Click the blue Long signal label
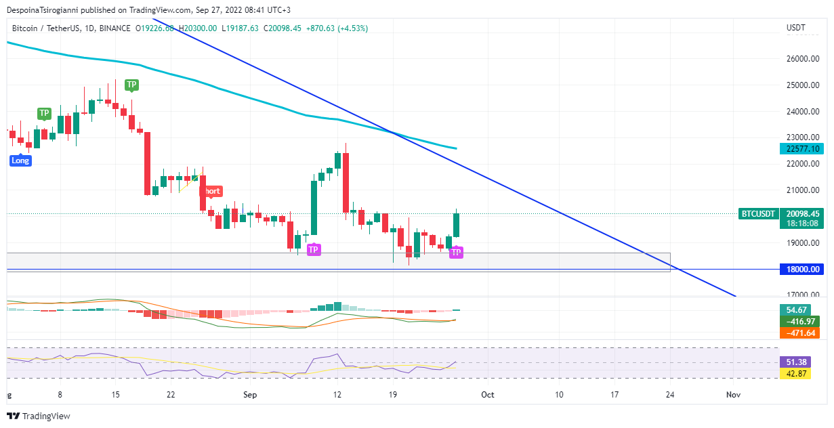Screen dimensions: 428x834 [20, 160]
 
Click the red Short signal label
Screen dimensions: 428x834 [211, 191]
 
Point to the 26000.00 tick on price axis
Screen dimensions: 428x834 [803, 59]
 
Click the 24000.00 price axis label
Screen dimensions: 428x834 [803, 112]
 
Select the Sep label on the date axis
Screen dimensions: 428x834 [251, 394]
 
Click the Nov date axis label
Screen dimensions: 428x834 [732, 394]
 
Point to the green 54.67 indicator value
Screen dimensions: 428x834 [795, 310]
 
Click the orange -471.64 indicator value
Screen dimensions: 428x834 [799, 333]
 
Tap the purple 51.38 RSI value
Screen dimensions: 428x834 [795, 362]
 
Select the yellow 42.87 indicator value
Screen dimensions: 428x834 [795, 373]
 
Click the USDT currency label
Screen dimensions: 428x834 [795, 28]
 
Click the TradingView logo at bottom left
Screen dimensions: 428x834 [39, 416]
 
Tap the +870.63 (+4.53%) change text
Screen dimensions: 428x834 [337, 28]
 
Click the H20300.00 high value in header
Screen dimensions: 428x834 [197, 28]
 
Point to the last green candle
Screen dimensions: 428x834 [457, 225]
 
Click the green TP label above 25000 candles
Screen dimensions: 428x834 [131, 85]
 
